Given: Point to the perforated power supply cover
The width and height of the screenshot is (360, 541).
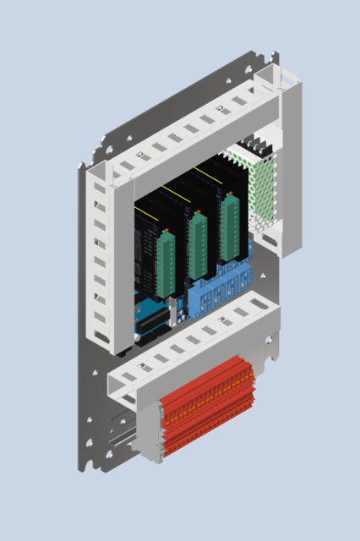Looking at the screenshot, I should point(264,193).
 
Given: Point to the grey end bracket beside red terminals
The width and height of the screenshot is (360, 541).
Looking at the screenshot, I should point(150,431).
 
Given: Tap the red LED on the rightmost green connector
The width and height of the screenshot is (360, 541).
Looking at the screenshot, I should point(228,194).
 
